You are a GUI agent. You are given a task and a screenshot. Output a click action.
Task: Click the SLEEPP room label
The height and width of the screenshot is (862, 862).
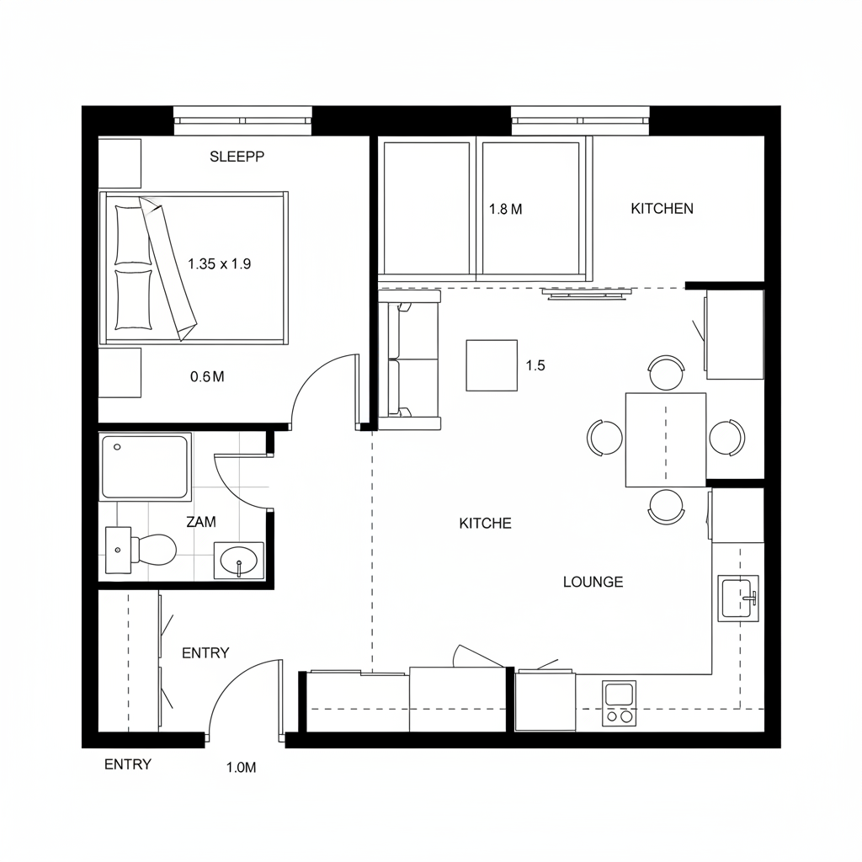pyautogui.click(x=237, y=157)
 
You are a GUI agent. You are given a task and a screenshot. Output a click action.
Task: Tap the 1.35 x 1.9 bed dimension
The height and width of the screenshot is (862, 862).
pyautogui.click(x=220, y=263)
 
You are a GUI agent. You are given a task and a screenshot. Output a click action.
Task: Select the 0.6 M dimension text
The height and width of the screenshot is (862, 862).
pyautogui.click(x=207, y=377)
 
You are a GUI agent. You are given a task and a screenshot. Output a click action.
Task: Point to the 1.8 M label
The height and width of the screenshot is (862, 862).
pyautogui.click(x=505, y=210)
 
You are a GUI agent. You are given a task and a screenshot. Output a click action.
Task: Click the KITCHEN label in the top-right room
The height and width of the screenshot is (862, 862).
pyautogui.click(x=662, y=209)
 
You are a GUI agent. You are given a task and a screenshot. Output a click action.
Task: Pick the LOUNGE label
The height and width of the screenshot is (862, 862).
pyautogui.click(x=593, y=582)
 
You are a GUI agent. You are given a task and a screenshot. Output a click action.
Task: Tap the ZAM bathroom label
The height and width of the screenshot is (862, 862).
pyautogui.click(x=201, y=522)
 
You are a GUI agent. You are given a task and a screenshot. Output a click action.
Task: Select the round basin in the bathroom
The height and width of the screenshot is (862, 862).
pyautogui.click(x=240, y=560)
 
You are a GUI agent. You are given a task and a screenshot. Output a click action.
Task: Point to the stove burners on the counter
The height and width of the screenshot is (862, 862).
pyautogui.click(x=619, y=705)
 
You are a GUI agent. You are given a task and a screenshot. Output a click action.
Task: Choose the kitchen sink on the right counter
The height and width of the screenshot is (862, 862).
pyautogui.click(x=738, y=598)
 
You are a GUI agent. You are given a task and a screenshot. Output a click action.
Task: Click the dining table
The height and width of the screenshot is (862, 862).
pyautogui.click(x=665, y=439)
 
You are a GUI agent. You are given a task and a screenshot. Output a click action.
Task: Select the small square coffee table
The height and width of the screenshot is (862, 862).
pyautogui.click(x=492, y=364)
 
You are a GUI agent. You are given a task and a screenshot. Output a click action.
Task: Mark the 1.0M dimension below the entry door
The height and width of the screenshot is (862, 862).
pyautogui.click(x=241, y=768)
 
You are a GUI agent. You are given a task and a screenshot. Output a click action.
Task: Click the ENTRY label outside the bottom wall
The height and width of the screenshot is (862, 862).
pyautogui.click(x=128, y=764)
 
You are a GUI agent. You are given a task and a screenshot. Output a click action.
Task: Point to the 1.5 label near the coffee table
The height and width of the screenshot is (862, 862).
pyautogui.click(x=535, y=365)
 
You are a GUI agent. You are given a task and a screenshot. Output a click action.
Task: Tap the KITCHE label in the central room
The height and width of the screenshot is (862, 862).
pyautogui.click(x=485, y=524)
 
